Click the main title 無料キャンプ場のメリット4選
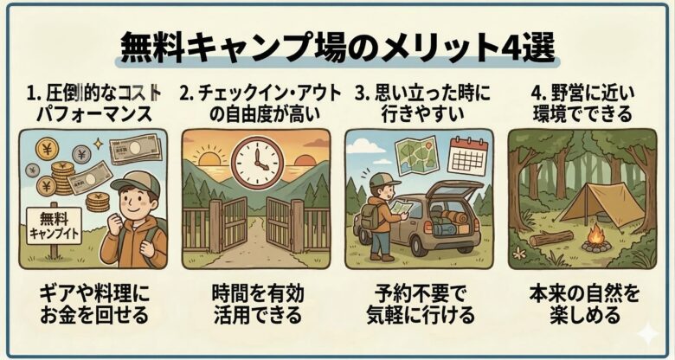337,46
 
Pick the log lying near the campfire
551,237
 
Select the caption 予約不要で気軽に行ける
420,303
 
